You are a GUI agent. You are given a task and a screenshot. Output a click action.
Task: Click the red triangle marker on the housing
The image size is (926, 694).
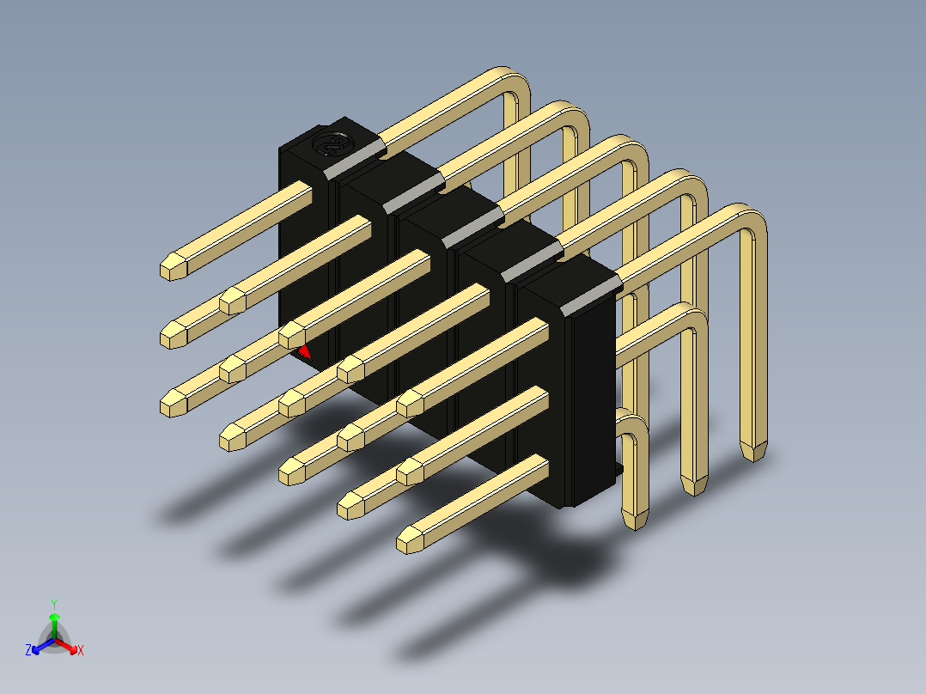pyautogui.click(x=304, y=353)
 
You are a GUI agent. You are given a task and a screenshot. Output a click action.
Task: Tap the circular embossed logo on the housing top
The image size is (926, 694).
pyautogui.click(x=330, y=143)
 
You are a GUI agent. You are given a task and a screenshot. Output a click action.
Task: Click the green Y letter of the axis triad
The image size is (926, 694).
pyautogui.click(x=54, y=605)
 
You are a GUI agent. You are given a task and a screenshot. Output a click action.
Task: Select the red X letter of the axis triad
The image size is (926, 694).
pyautogui.click(x=81, y=650)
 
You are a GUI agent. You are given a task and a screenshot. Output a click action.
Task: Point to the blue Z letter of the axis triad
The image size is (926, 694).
pyautogui.click(x=27, y=649)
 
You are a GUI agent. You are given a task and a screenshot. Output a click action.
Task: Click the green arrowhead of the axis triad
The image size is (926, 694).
pyautogui.click(x=54, y=618)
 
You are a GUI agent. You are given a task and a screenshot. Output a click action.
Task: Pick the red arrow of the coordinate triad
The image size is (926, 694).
pyautogui.click(x=66, y=645)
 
